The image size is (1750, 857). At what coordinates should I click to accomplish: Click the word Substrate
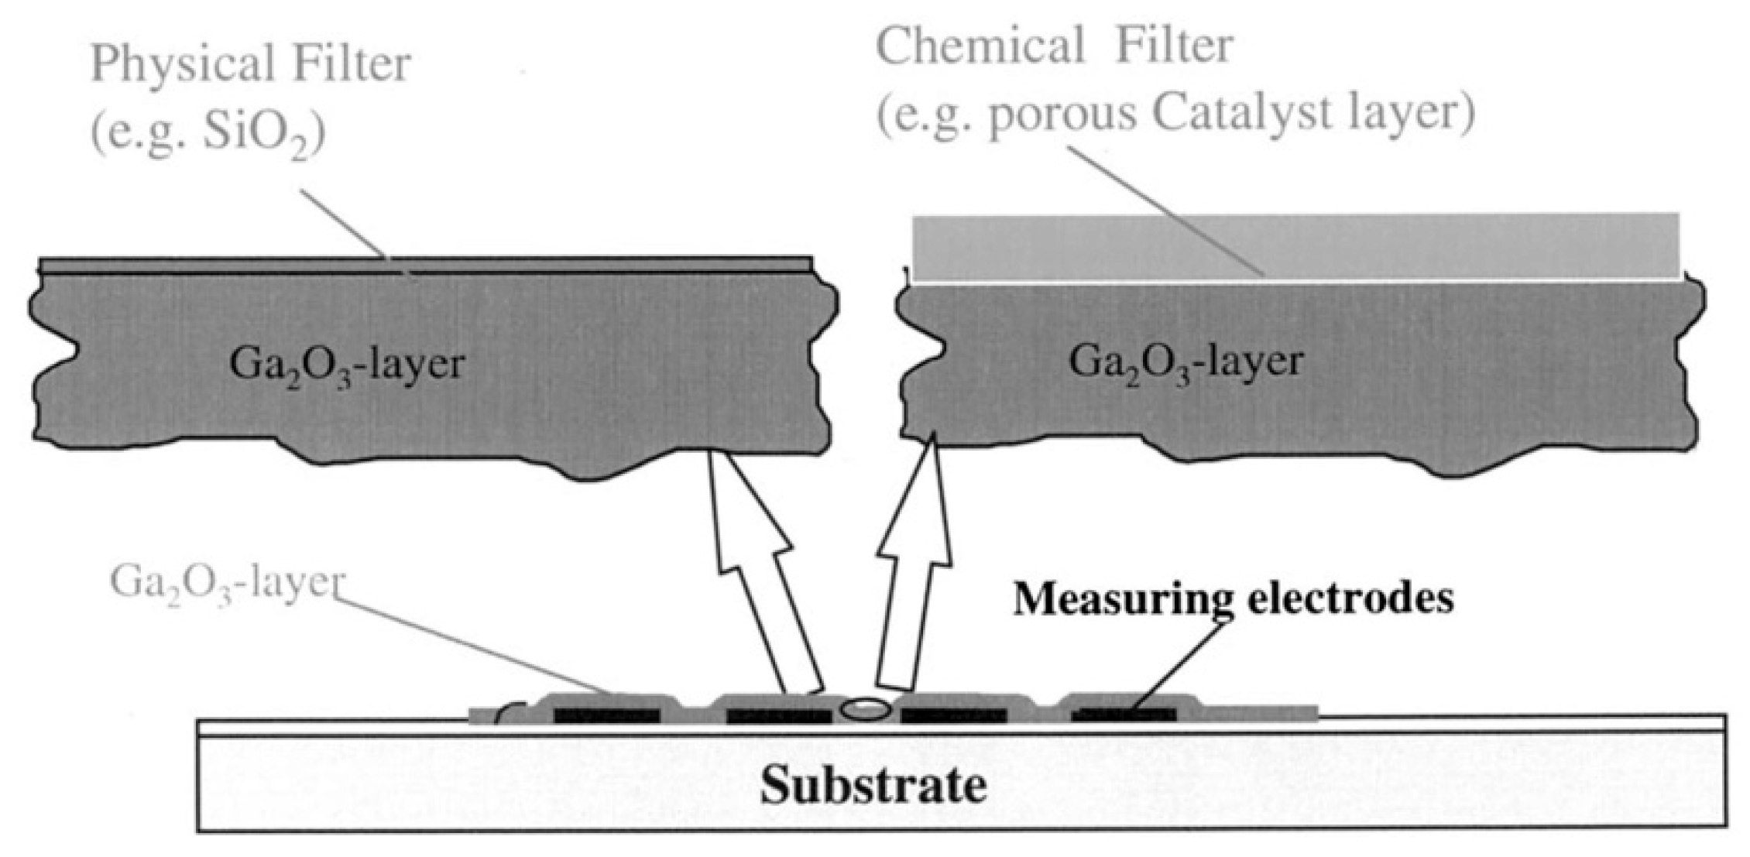873,786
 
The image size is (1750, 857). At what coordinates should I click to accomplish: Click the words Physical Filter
250,63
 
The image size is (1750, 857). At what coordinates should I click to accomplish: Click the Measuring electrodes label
1233,598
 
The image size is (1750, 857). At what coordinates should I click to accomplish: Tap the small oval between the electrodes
866,709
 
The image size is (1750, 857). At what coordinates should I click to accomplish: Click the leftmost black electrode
606,715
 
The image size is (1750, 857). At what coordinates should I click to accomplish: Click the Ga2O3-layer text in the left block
346,364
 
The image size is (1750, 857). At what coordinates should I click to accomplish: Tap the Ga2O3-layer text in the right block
1186,362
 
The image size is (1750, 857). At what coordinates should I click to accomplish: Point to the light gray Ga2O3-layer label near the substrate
226,582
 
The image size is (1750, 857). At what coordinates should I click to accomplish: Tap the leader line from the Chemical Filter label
1162,209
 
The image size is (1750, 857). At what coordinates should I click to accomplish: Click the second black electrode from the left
778,715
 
